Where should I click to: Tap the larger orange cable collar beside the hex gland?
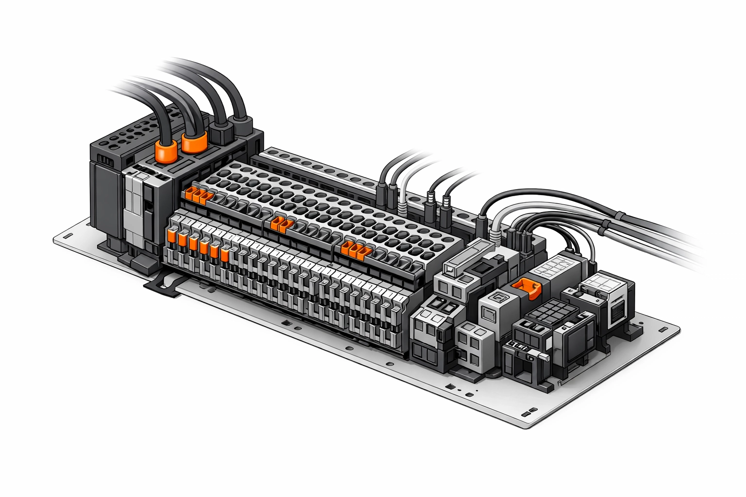pyautogui.click(x=194, y=141)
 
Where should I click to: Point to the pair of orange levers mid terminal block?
pyautogui.click(x=281, y=224)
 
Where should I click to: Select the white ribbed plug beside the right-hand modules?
pyautogui.click(x=495, y=235)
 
